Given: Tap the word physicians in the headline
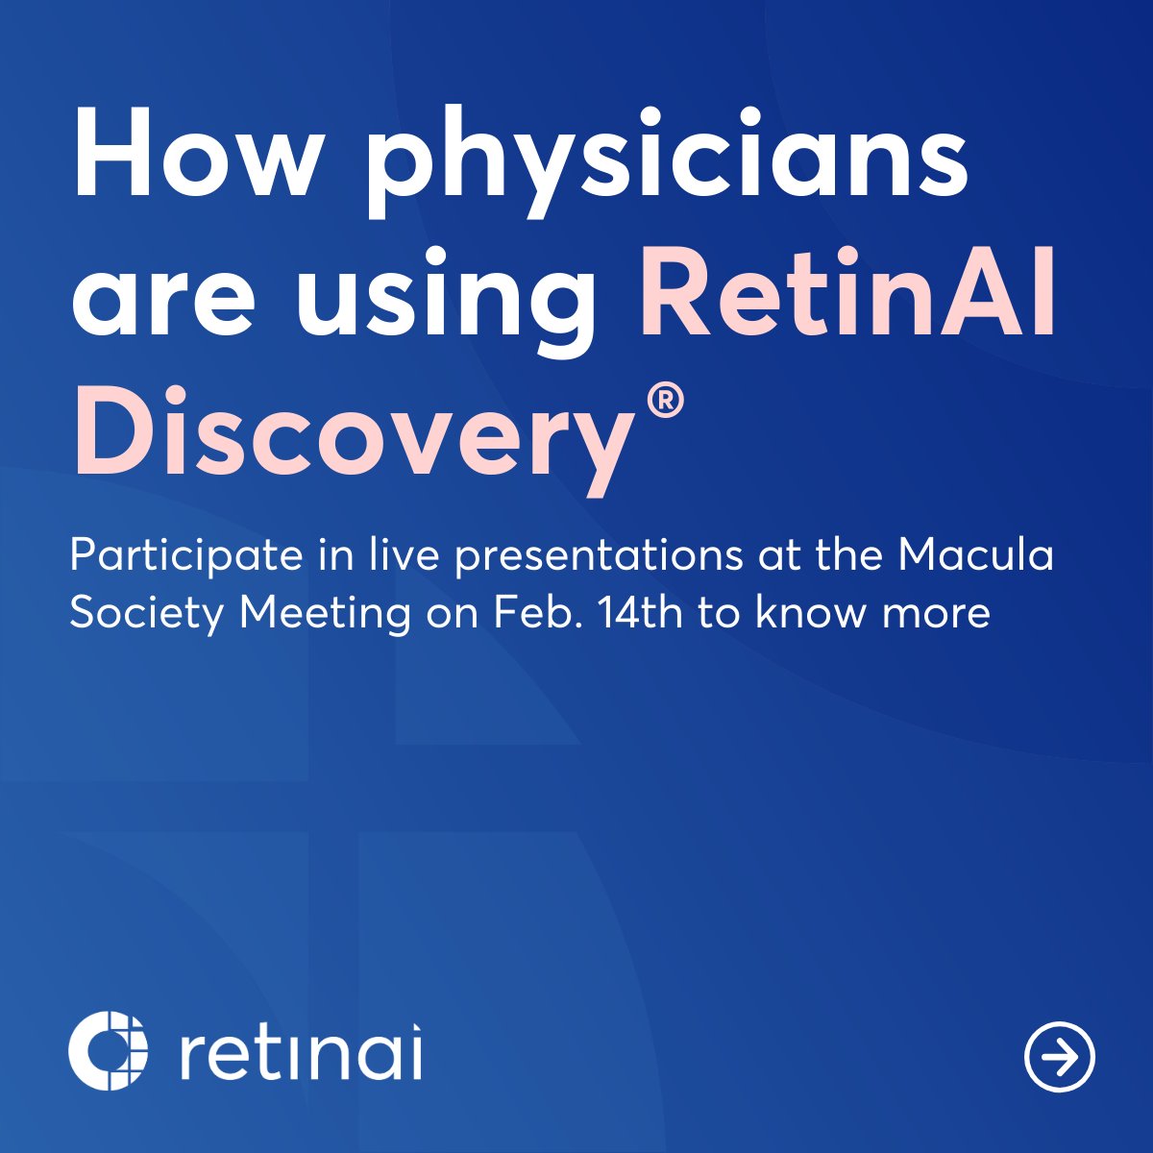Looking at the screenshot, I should coord(668,159).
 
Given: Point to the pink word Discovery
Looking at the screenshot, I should coord(352,432).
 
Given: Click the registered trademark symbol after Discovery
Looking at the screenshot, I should coord(665,402).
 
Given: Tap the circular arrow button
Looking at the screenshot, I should coord(1060,1056).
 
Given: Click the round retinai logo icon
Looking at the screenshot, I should coord(109,1050).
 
